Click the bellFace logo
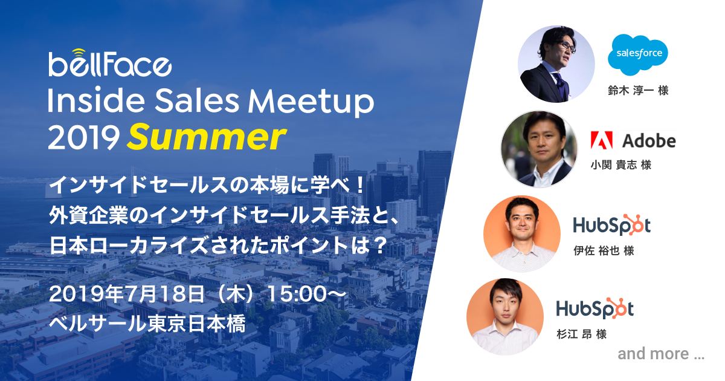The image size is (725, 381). [x=110, y=63]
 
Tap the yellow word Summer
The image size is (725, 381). [x=207, y=137]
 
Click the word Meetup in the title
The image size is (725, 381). [x=311, y=102]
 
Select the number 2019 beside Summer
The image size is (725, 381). [x=84, y=138]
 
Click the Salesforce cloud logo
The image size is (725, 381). [x=637, y=54]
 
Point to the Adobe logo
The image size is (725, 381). [x=633, y=140]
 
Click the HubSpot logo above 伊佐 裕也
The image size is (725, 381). [x=611, y=225]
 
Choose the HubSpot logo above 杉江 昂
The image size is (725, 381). [x=595, y=308]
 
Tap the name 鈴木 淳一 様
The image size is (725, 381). [x=638, y=90]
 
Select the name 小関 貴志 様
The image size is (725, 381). [x=621, y=165]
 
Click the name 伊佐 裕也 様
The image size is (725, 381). [x=604, y=250]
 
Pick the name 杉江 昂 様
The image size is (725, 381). [x=582, y=334]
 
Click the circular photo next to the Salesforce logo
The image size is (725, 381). [x=556, y=64]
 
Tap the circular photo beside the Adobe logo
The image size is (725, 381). [x=539, y=149]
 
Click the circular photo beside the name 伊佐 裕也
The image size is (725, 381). [x=522, y=233]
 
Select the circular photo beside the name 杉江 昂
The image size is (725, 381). [x=505, y=316]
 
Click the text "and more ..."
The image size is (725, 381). [x=661, y=354]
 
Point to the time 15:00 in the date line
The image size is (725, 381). [x=297, y=293]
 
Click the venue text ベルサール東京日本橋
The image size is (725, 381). [x=147, y=324]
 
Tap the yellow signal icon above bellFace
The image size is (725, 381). [x=79, y=51]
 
